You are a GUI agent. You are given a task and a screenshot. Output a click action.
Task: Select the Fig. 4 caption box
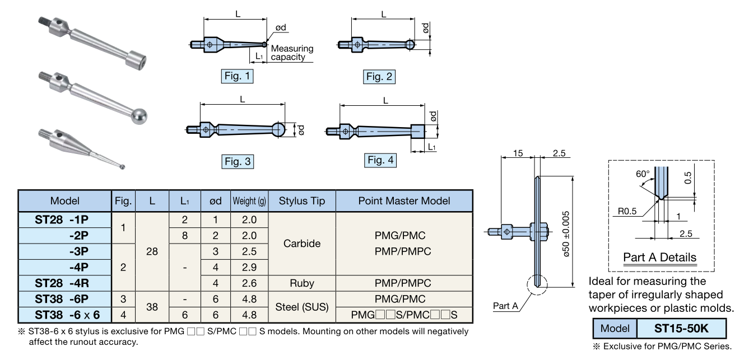tap(380, 160)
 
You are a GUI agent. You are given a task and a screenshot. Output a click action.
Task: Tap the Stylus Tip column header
tap(302, 200)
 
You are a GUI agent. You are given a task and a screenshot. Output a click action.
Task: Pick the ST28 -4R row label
tap(65, 283)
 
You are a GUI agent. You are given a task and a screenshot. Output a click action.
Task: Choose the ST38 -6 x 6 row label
tap(65, 314)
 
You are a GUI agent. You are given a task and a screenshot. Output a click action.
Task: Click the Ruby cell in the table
tap(302, 283)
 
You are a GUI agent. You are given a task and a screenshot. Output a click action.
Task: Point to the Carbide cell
tap(302, 244)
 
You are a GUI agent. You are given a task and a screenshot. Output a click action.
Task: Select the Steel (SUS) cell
tap(302, 307)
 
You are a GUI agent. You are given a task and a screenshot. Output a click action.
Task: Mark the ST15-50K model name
tap(681, 328)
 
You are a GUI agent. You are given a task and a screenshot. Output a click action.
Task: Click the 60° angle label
tap(642, 174)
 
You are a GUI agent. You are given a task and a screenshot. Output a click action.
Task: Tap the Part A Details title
tap(660, 258)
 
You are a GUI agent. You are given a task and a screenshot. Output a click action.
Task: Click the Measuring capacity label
tap(292, 53)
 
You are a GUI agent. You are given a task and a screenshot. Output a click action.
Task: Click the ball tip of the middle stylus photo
tap(139, 115)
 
